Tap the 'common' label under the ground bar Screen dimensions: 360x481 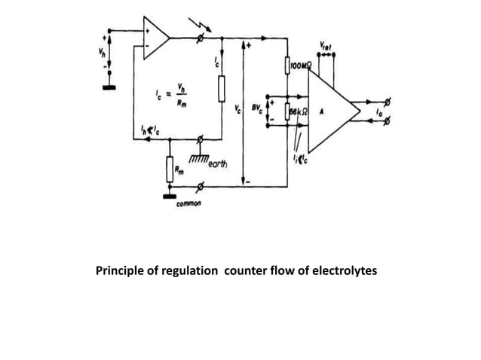click(x=188, y=203)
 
